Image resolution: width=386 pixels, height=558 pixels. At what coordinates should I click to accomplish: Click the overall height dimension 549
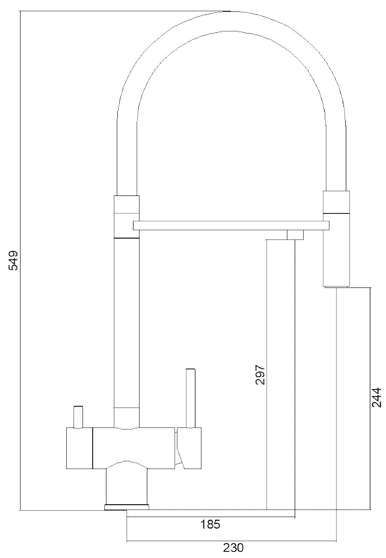pos(13,260)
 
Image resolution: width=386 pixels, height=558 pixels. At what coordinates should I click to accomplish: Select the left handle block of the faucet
pos(79,444)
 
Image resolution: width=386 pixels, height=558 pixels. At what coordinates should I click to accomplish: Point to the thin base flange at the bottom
pos(127,506)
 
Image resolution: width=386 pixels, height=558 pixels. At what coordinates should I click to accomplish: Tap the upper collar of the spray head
pos(336,203)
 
